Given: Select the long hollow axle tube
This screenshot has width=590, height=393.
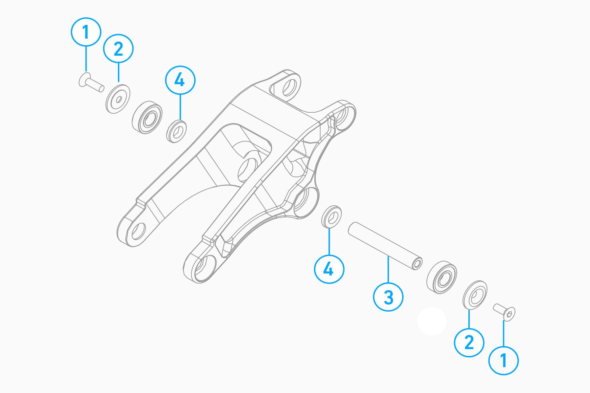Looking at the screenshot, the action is (385, 246).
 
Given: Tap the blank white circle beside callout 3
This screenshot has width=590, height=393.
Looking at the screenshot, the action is (432, 321).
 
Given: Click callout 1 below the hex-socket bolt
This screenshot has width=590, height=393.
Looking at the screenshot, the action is (503, 360).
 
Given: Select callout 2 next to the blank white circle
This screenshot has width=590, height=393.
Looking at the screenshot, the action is (469, 342).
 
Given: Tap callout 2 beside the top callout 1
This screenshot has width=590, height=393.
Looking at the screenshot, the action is (118, 48).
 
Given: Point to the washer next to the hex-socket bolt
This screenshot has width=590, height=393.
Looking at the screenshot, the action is (475, 295).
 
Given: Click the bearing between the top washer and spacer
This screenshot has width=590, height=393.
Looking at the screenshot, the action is (147, 117).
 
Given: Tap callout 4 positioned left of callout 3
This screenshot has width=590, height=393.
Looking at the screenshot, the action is (329, 269).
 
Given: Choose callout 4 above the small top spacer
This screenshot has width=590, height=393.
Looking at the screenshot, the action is (180, 80).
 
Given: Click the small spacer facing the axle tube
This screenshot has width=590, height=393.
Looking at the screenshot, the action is (331, 216).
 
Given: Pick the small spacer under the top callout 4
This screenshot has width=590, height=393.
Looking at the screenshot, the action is (177, 131).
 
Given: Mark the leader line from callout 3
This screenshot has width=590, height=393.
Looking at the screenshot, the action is (388, 269).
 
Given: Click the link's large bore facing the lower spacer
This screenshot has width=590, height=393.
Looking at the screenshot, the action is (306, 202).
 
